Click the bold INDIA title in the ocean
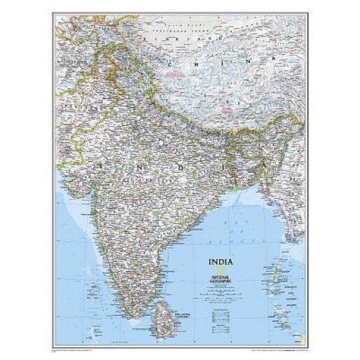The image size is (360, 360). (220, 263)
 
